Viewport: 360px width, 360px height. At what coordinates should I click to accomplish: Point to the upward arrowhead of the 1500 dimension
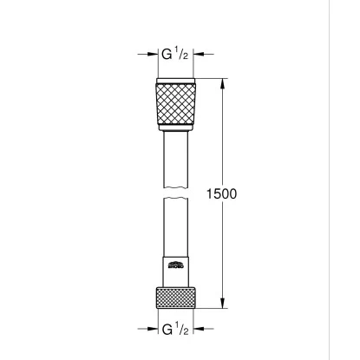click(225, 82)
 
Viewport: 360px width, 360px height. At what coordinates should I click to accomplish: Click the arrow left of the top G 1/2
click(147, 54)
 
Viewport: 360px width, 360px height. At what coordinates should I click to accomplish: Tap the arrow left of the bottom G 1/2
click(147, 330)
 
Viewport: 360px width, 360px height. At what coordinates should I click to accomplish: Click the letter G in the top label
click(167, 54)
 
